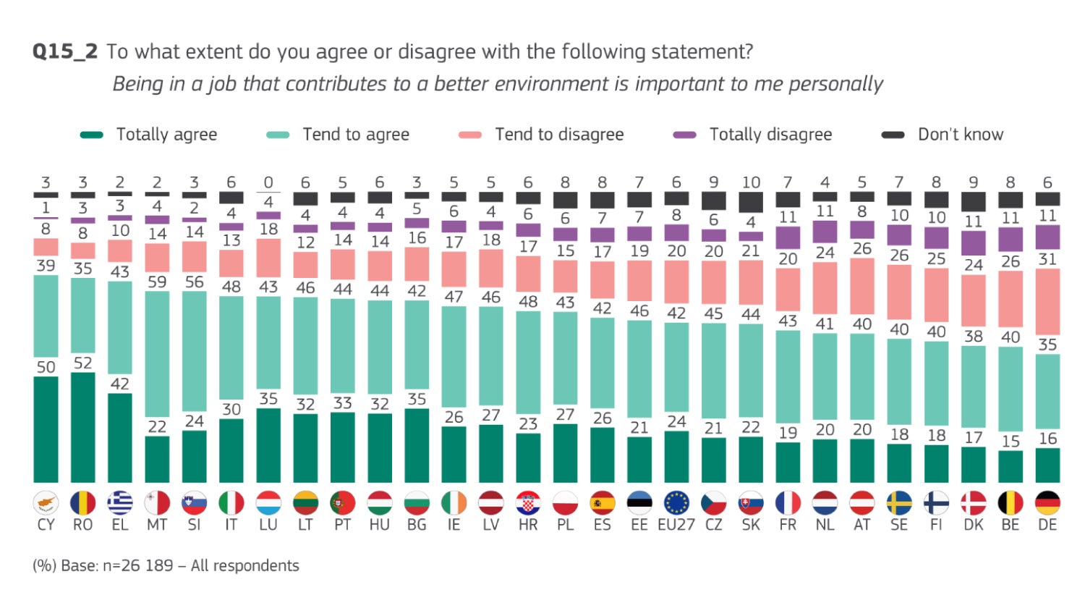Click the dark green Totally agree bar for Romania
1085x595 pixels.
[x=82, y=427]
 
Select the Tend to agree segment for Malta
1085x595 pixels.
[x=157, y=362]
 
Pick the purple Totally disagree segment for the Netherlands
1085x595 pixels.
[x=825, y=231]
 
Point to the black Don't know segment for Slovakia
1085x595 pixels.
[x=751, y=202]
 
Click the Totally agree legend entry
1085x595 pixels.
[x=149, y=135]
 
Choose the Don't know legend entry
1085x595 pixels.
[x=943, y=135]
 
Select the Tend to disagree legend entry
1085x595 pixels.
[x=542, y=135]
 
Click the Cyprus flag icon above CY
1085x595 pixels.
[x=46, y=503]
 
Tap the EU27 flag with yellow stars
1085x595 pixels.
[x=676, y=503]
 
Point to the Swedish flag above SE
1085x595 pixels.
[x=899, y=503]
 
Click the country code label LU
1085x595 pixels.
[x=268, y=525]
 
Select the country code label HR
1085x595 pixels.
[x=528, y=525]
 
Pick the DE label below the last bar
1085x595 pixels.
[x=1047, y=525]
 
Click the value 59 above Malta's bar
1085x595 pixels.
[x=157, y=282]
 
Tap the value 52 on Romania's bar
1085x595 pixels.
[x=82, y=363]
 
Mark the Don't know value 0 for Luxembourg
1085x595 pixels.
[x=268, y=182]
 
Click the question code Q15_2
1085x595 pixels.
[x=64, y=52]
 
